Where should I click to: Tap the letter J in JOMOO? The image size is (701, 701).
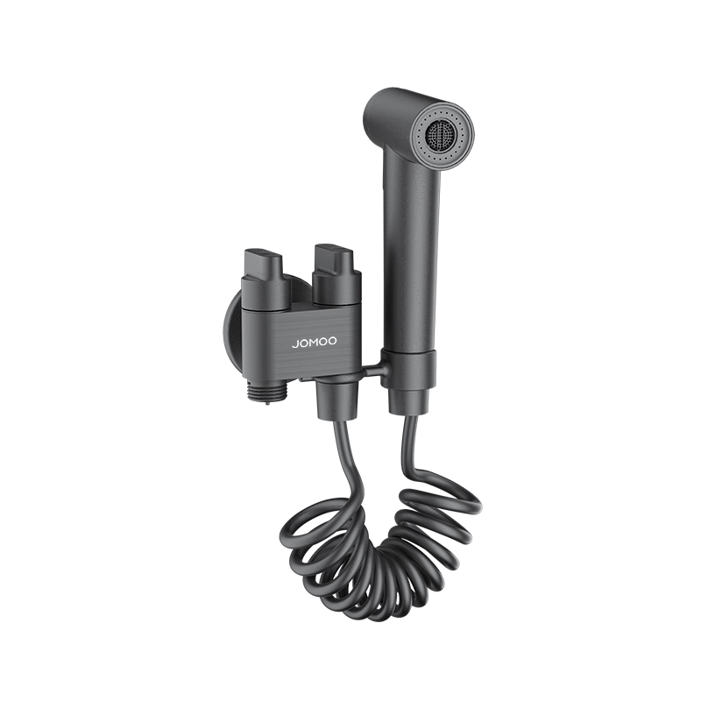(x=294, y=344)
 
